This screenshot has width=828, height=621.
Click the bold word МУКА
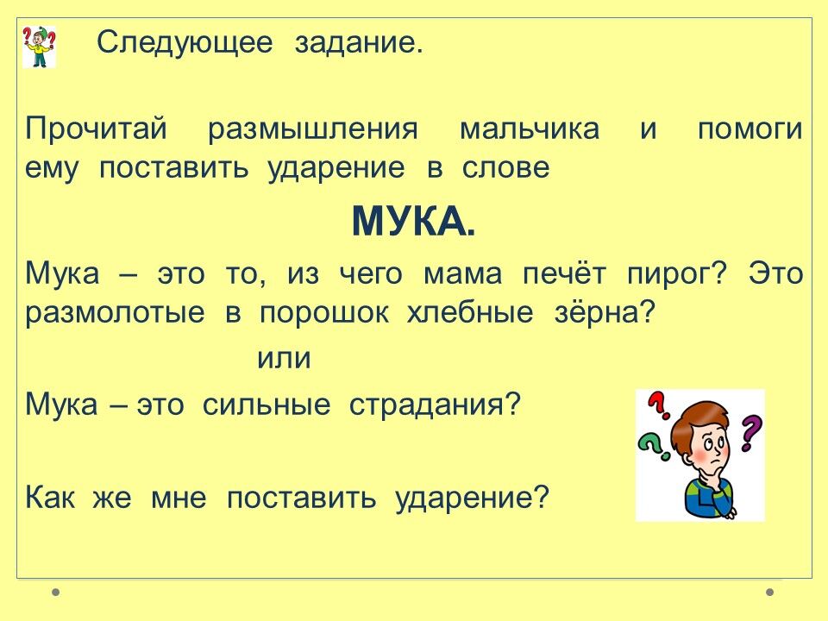(x=413, y=222)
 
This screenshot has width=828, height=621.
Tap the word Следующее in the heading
(x=185, y=43)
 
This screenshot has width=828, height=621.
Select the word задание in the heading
(x=359, y=43)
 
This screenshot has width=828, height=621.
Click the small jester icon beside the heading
(x=39, y=47)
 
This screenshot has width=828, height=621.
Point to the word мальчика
(x=530, y=129)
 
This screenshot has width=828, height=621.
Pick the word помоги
(x=750, y=129)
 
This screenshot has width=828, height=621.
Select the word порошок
(x=323, y=314)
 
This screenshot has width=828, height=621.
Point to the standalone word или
(x=284, y=359)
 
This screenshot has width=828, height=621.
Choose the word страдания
(x=435, y=405)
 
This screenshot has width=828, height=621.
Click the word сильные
(x=267, y=405)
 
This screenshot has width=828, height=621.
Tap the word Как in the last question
(x=50, y=497)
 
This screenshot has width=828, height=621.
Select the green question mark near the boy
(x=651, y=445)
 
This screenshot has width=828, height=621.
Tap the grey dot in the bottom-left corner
(x=55, y=592)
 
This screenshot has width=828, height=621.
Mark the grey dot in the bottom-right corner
(x=770, y=592)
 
